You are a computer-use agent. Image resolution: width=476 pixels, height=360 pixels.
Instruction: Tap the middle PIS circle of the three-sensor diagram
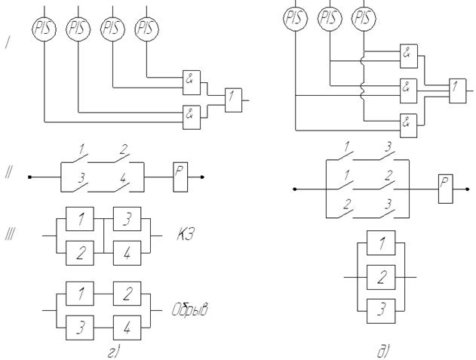click(x=329, y=16)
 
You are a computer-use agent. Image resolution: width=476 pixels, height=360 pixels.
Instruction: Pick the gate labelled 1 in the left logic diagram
click(x=234, y=97)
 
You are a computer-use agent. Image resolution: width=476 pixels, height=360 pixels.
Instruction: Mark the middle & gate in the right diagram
click(x=407, y=88)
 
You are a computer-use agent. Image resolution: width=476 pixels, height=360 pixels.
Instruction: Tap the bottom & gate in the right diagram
click(x=407, y=123)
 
